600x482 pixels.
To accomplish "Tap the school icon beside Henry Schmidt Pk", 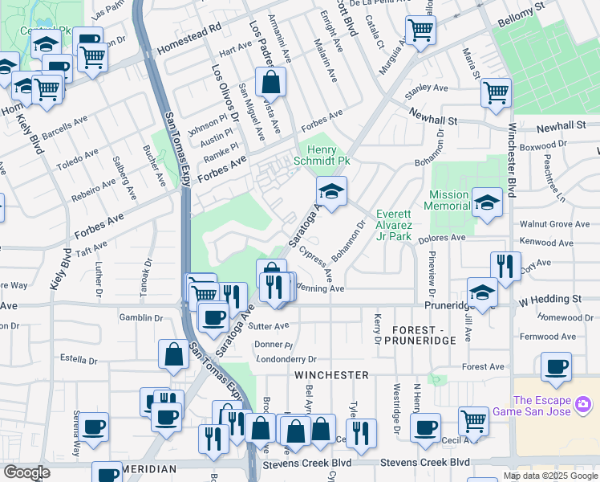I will pos(329,191).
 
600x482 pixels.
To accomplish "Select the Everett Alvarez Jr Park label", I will pos(394,225).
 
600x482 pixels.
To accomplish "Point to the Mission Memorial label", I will pos(448,200).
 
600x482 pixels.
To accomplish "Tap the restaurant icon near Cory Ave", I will pos(505,266).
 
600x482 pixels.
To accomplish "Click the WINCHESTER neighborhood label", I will pos(331,375).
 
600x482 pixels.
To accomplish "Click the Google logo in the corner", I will pos(26,472).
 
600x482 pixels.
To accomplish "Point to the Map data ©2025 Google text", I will pos(549,476).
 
